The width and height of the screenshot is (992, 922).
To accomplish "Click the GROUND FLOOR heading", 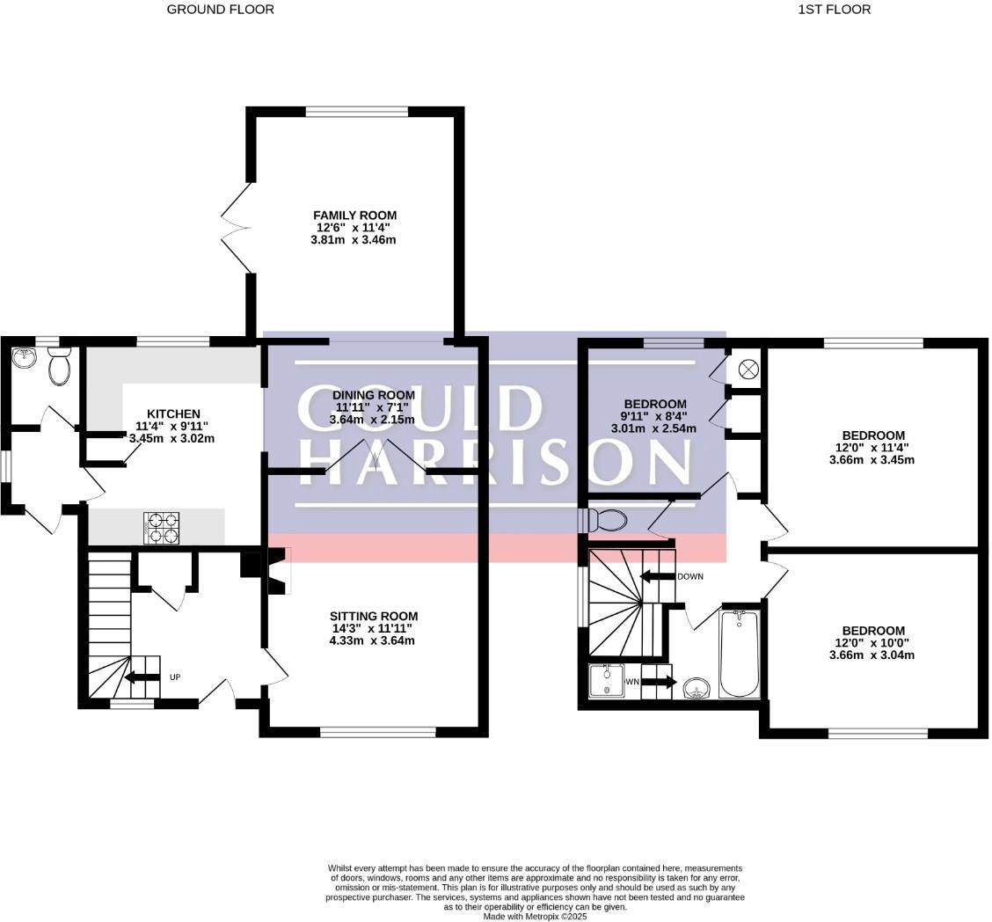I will (220, 10).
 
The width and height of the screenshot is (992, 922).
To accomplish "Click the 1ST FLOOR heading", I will (834, 10).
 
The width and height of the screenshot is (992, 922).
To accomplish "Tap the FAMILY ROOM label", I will (354, 216).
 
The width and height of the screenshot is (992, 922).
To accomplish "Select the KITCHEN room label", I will (173, 413).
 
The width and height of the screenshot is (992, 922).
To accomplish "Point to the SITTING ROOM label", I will (373, 616).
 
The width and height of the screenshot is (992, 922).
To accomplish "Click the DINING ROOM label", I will (373, 396).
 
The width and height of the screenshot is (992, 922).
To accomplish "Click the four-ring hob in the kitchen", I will (161, 528).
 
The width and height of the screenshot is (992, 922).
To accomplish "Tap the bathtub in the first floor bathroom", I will (739, 654).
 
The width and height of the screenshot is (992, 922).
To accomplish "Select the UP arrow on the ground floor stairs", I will (141, 677).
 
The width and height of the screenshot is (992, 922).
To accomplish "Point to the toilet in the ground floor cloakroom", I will (59, 368).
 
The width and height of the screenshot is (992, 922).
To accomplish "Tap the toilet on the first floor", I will (607, 520).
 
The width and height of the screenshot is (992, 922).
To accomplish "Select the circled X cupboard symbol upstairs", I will (748, 369).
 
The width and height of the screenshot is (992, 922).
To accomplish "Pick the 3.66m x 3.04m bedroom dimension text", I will (872, 655).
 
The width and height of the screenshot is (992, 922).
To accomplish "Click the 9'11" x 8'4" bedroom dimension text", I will (654, 417).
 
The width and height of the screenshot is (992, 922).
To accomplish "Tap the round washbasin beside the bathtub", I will (697, 686).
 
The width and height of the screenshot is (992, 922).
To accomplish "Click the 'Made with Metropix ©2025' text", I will (535, 916).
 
